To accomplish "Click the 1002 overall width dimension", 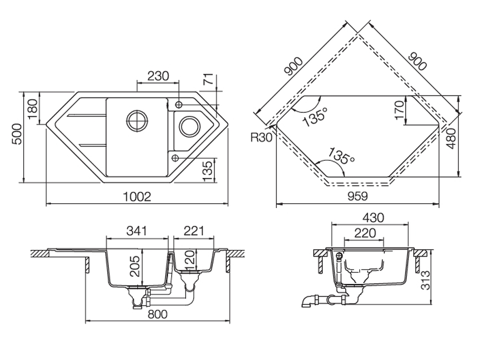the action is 137,197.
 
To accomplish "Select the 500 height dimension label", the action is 17,134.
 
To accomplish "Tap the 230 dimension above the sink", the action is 158,76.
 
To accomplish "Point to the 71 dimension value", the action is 209,79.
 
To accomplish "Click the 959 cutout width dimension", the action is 357,196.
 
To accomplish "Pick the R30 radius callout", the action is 261,137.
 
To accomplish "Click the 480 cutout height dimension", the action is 451,138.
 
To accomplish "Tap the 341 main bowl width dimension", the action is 137,231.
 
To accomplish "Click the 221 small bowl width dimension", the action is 194,231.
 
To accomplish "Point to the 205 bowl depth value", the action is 135,266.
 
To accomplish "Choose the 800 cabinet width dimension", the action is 158,314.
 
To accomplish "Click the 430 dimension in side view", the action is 373,217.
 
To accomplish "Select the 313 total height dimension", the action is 425,280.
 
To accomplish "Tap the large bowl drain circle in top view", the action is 137,120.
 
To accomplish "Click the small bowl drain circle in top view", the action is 188,127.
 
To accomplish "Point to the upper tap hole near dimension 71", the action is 179,104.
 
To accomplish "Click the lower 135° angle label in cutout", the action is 342,156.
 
